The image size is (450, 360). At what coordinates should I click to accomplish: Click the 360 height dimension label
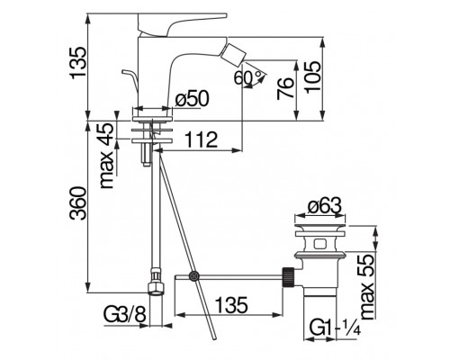coord(77,203)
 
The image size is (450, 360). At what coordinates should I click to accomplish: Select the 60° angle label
coord(247,77)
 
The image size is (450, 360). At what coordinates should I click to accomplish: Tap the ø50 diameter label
coord(192,99)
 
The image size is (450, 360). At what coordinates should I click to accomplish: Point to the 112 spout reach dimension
coord(201,139)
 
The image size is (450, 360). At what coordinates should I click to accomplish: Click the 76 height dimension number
coord(285,88)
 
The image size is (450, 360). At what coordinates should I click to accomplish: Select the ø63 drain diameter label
coord(325,206)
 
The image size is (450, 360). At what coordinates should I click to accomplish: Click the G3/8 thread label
coord(125,315)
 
